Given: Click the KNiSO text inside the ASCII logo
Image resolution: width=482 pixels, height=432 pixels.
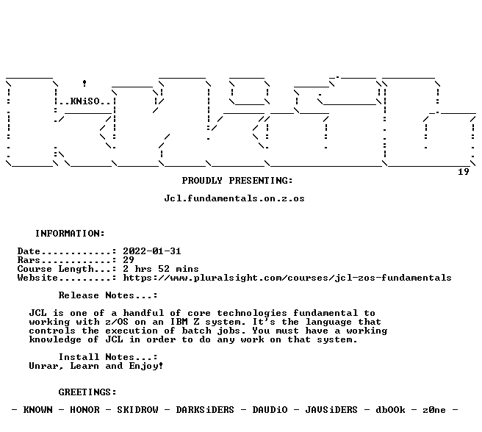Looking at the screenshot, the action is [84, 101].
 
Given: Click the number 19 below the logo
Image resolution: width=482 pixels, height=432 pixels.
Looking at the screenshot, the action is [464, 172].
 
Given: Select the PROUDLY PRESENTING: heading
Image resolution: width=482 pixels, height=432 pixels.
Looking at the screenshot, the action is [237, 181].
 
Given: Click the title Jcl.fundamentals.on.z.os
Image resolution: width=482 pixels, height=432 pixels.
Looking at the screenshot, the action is [234, 198].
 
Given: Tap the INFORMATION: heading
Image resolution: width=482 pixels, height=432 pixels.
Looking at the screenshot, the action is [70, 234].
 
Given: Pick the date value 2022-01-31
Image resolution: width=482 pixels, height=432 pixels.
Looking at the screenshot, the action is [152, 251].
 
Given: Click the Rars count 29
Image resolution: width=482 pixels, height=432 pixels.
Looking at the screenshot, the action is [129, 260].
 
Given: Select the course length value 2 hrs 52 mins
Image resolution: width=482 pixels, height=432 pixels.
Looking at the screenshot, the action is [161, 269].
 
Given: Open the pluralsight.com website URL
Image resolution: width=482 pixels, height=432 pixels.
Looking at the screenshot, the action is [287, 278].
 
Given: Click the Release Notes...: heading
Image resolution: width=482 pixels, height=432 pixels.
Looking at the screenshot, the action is [108, 295].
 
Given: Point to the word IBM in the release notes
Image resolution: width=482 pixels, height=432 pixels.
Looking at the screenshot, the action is [179, 322].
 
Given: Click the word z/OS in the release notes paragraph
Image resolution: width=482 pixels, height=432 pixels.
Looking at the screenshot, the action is [117, 322].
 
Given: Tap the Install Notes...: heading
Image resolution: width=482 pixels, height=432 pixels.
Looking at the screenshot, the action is [108, 357].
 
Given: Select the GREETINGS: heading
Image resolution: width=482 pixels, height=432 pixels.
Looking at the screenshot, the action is [87, 392].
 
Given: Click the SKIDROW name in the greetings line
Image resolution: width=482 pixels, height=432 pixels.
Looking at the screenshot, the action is [137, 410].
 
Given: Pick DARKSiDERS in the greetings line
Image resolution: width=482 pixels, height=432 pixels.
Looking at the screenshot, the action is [205, 410].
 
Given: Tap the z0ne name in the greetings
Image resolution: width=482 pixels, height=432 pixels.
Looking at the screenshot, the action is [434, 410].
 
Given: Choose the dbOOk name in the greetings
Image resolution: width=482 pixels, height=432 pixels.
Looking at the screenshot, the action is [390, 410].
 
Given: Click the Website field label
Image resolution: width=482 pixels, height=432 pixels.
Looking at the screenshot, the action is [37, 278].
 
